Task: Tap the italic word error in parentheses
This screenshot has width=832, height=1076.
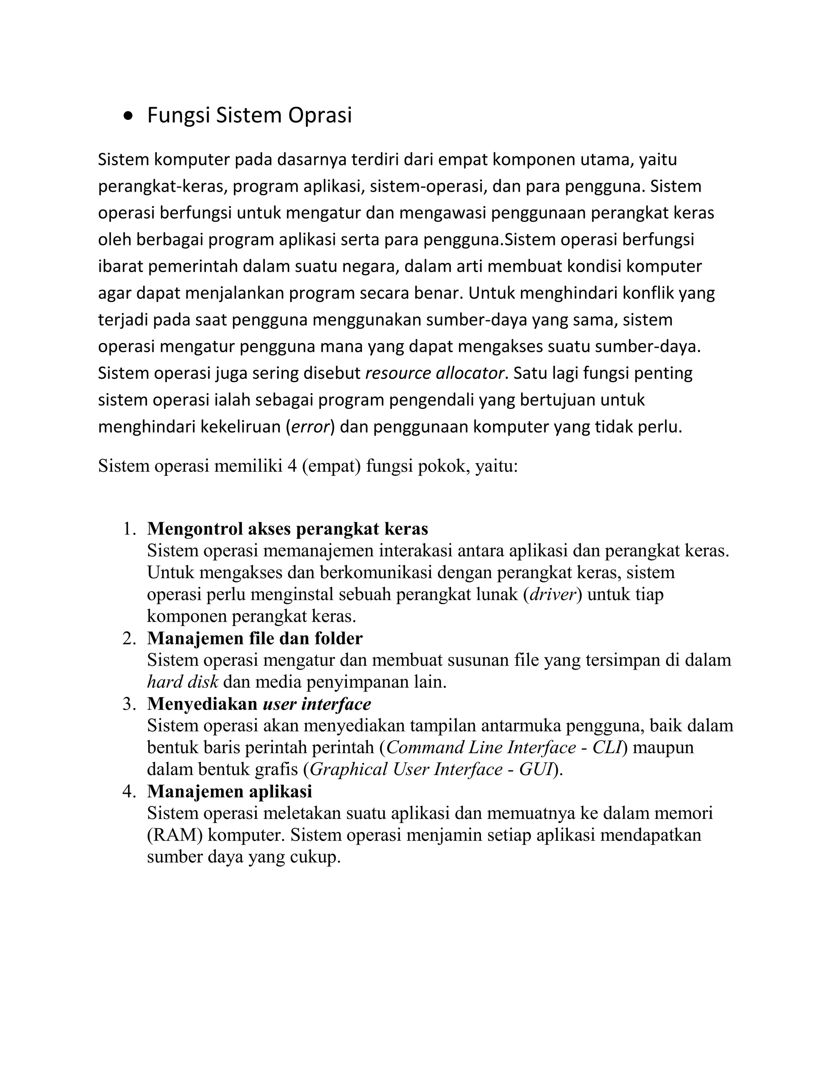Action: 310,426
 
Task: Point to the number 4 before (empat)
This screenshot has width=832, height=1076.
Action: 292,466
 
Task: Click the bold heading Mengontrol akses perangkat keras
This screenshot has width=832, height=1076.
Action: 287,529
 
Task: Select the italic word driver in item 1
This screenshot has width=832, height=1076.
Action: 552,594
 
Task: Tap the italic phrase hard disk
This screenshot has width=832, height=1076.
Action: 182,682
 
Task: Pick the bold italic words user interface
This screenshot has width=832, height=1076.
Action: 317,704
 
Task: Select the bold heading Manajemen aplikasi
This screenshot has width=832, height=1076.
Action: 229,791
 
